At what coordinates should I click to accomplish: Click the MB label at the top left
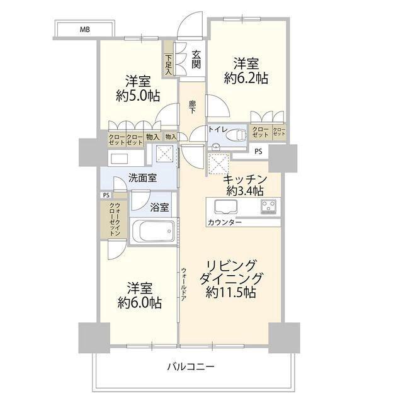pyautogui.click(x=85, y=30)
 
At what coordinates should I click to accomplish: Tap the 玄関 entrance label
pyautogui.click(x=196, y=59)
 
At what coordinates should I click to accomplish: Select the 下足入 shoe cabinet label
pyautogui.click(x=169, y=64)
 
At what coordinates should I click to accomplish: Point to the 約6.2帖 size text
pyautogui.click(x=246, y=78)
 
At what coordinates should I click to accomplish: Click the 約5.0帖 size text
pyautogui.click(x=138, y=96)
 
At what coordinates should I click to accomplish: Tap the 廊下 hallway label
pyautogui.click(x=192, y=107)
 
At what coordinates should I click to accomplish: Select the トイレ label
pyautogui.click(x=218, y=129)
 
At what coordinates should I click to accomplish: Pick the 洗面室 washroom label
pyautogui.click(x=143, y=178)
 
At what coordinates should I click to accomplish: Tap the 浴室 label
pyautogui.click(x=159, y=207)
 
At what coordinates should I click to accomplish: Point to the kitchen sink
pyautogui.click(x=226, y=207)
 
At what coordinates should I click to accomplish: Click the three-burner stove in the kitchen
pyautogui.click(x=268, y=207)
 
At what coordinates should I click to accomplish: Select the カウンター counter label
pyautogui.click(x=224, y=222)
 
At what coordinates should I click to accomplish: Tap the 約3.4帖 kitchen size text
pyautogui.click(x=244, y=191)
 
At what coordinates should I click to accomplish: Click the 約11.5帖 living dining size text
pyautogui.click(x=230, y=292)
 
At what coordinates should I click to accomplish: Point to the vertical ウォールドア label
pyautogui.click(x=184, y=284)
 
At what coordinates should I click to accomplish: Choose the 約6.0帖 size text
pyautogui.click(x=140, y=302)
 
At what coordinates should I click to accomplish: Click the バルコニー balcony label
pyautogui.click(x=190, y=366)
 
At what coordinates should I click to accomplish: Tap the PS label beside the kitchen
pyautogui.click(x=258, y=152)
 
